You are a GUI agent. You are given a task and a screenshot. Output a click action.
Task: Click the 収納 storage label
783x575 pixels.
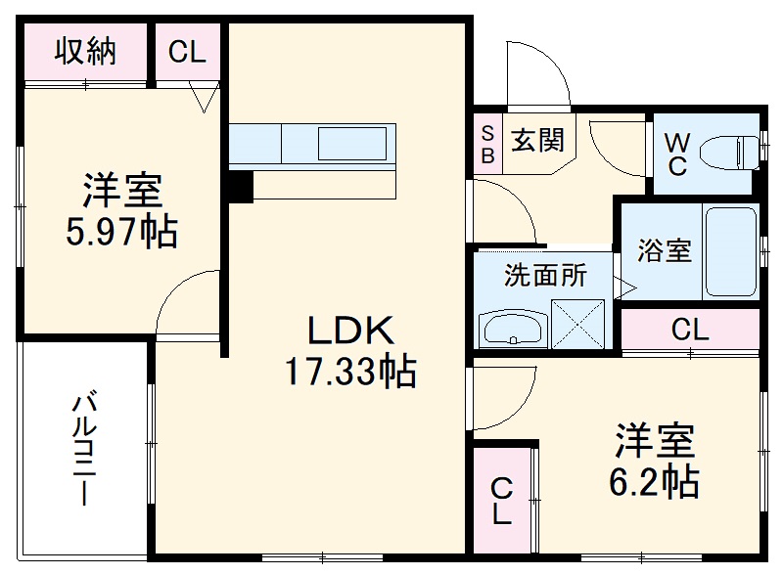[85, 51]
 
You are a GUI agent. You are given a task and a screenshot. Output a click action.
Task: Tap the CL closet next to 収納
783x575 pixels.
[187, 52]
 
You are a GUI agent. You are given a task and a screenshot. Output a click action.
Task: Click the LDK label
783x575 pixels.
[351, 332]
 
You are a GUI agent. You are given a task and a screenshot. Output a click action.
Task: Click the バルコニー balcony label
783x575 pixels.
[84, 449]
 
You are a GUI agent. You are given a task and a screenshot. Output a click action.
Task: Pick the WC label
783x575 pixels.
[676, 153]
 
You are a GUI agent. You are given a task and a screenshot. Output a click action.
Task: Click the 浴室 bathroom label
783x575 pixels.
[665, 250]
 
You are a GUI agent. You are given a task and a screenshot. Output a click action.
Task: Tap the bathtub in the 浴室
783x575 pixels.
[730, 251]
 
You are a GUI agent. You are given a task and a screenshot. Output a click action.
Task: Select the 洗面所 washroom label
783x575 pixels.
[545, 275]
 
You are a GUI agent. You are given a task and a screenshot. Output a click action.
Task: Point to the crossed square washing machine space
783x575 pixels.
[580, 323]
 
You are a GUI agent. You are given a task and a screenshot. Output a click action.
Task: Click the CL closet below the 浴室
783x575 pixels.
[689, 331]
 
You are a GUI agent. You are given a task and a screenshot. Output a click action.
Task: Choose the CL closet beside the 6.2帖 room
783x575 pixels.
[502, 500]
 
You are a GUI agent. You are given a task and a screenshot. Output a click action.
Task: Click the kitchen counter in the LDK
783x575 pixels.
[312, 146]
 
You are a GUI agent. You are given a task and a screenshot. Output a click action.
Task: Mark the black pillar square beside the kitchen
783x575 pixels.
[239, 185]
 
